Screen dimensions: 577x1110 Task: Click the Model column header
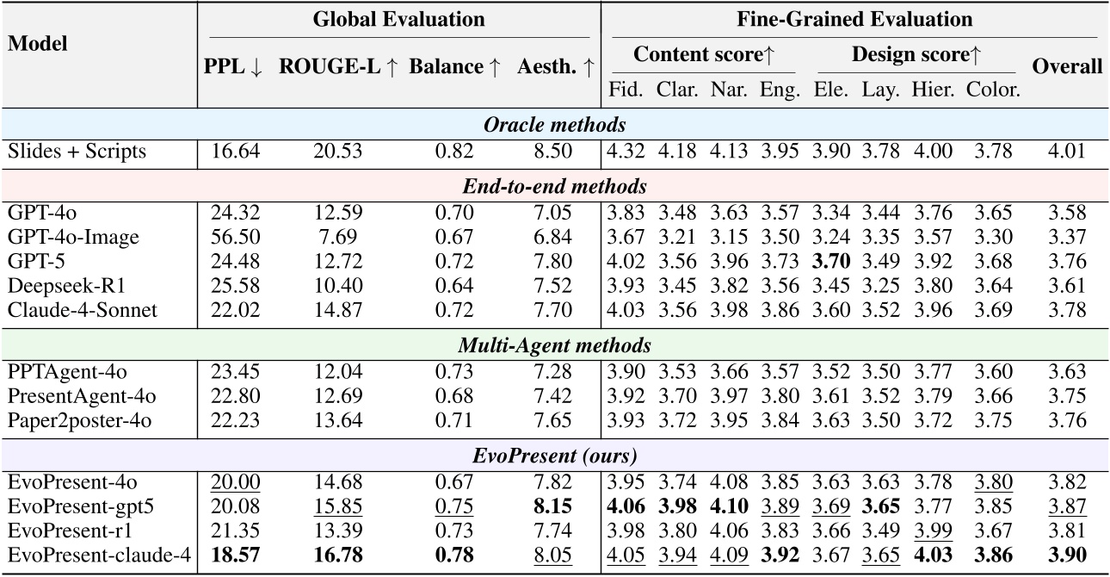click(38, 43)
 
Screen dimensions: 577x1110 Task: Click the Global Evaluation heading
click(399, 19)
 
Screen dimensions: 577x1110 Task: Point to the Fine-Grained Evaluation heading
click(854, 19)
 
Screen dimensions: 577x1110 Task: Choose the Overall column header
click(1067, 67)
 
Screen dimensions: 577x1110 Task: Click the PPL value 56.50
click(233, 236)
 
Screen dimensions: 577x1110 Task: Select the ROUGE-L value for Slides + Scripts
click(338, 152)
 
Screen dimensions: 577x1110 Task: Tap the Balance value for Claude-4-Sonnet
click(453, 310)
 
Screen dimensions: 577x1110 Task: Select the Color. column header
click(992, 88)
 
